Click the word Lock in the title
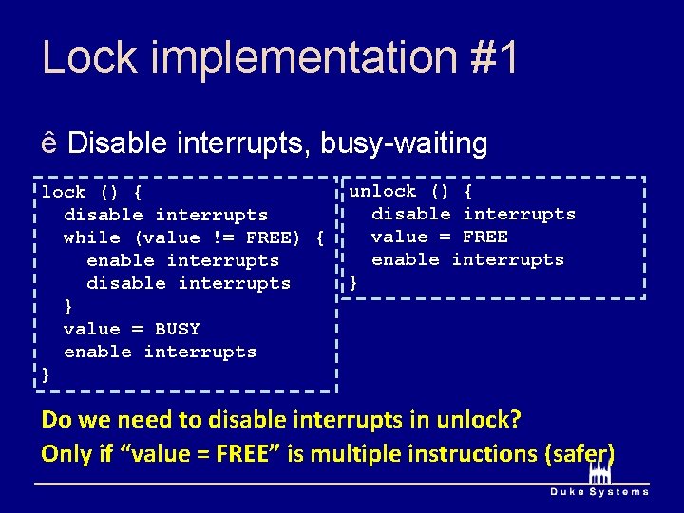tap(91, 58)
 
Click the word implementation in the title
tap(304, 58)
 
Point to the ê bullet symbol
tap(49, 144)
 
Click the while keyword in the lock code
tap(92, 237)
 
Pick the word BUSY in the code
tap(178, 329)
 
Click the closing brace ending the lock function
tap(46, 374)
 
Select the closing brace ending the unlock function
tap(353, 282)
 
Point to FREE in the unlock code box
tap(485, 237)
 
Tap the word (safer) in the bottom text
tap(579, 453)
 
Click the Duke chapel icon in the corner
tap(599, 472)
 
